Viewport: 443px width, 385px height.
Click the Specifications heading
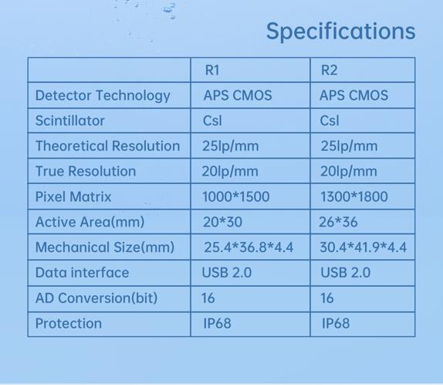[340, 31]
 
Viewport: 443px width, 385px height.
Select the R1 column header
[212, 70]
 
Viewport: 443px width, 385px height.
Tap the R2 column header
[329, 70]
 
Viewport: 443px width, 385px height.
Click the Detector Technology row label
[103, 96]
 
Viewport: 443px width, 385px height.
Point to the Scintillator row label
[69, 121]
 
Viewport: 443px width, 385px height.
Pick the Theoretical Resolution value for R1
[230, 146]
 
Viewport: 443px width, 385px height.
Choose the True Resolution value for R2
[349, 172]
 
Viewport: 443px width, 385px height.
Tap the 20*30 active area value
[222, 222]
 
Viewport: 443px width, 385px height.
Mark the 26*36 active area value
[338, 222]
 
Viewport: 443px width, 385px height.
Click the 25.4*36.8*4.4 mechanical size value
[249, 247]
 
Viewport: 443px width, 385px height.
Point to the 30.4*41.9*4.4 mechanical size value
[363, 247]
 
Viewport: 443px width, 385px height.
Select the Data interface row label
[83, 273]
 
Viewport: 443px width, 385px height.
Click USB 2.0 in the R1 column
[227, 273]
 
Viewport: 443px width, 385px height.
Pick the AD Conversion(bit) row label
[96, 298]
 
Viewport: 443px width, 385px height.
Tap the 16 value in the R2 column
[327, 298]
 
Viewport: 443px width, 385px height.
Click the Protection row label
[69, 323]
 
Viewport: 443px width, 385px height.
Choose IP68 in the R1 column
[217, 323]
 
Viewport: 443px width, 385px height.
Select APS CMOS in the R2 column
[353, 95]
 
